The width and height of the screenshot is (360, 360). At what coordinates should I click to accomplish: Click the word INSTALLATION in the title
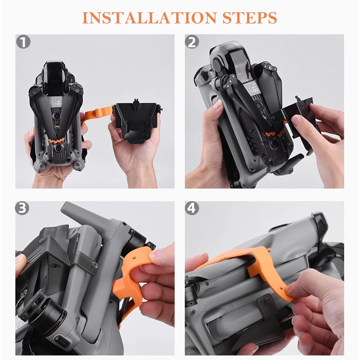pos(149,18)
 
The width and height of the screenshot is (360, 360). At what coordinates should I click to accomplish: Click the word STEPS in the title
pos(250,18)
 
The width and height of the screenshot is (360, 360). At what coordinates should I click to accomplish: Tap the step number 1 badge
pos(23,42)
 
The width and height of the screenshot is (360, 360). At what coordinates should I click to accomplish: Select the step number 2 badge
pos(192,42)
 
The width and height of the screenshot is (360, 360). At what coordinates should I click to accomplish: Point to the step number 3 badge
pos(22,208)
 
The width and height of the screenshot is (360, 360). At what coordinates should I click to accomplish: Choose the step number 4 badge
pos(192,208)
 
